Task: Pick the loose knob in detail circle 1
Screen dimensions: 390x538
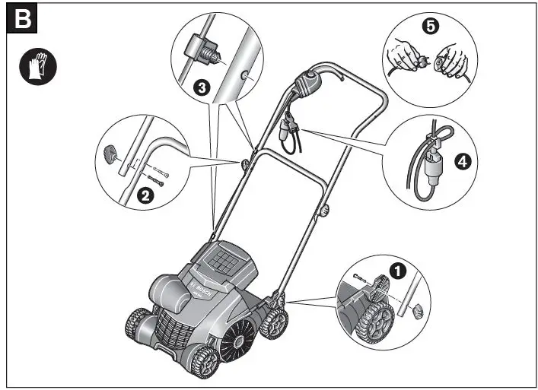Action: point(416,311)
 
